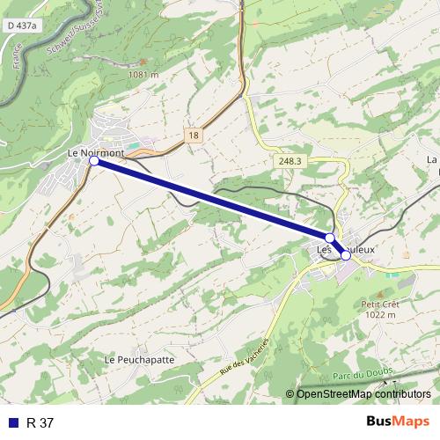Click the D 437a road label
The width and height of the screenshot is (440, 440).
click(21, 26)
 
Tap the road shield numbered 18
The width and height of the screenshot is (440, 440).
click(194, 134)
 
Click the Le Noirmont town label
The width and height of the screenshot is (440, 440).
click(95, 152)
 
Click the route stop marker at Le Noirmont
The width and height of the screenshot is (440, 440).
click(94, 161)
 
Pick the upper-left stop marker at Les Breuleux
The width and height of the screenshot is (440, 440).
click(330, 238)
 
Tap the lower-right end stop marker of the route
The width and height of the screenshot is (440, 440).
click(346, 256)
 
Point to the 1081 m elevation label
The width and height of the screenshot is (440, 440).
click(142, 75)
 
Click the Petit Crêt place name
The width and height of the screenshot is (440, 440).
click(380, 304)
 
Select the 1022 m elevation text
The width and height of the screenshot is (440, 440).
click(380, 314)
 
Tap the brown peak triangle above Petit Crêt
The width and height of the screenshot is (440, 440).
click(380, 294)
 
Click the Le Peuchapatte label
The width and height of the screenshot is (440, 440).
click(139, 360)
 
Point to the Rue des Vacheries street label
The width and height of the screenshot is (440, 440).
click(243, 359)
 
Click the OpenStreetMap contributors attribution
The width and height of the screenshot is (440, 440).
click(363, 393)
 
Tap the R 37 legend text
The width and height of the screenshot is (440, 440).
click(40, 422)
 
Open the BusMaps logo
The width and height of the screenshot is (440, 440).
click(398, 422)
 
